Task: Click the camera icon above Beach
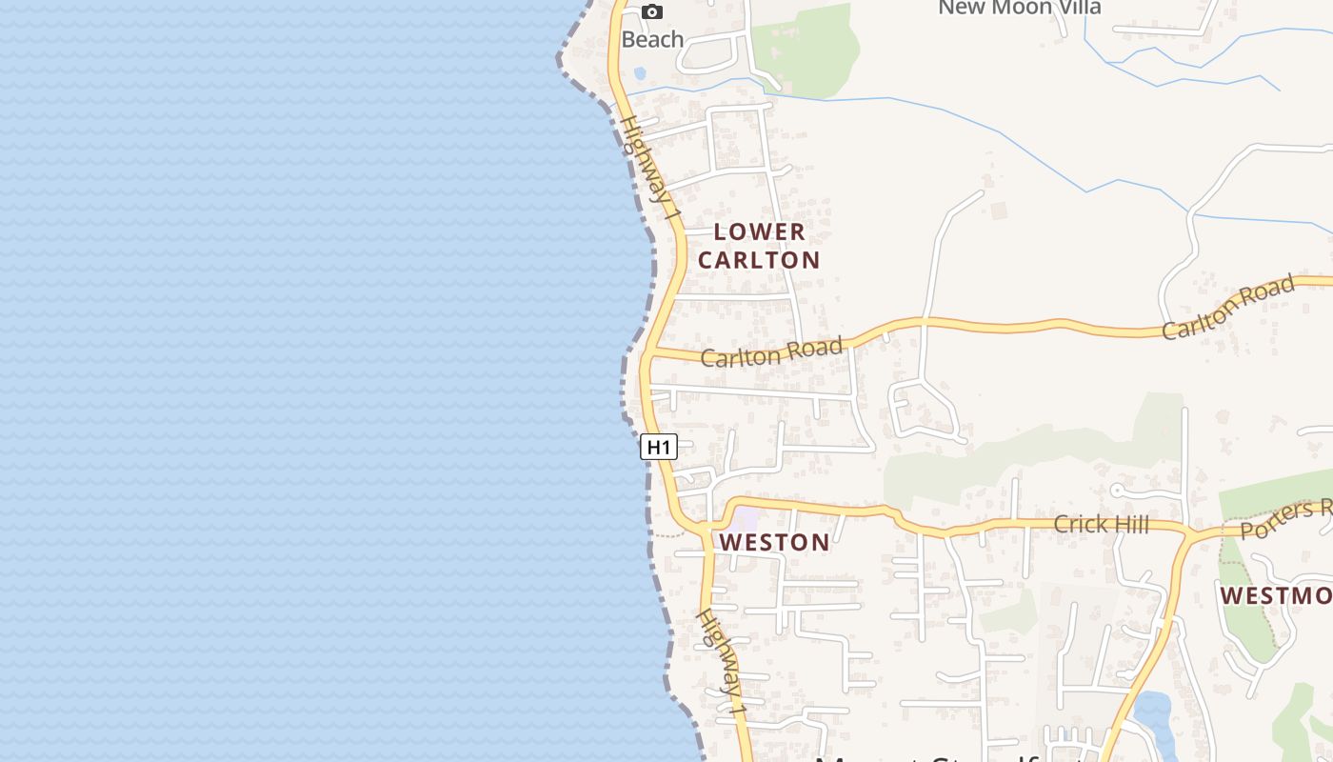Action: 652,11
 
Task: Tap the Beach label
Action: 652,39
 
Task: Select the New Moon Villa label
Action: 1019,8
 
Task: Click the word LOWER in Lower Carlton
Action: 759,231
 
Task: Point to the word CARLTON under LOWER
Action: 759,260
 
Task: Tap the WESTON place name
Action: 774,543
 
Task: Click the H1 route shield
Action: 659,447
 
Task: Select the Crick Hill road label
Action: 1101,524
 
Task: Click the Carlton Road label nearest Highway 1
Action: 771,352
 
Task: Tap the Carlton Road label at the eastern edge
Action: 1228,307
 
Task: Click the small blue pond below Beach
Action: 639,72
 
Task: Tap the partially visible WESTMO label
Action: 1276,596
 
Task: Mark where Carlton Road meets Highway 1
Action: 648,353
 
